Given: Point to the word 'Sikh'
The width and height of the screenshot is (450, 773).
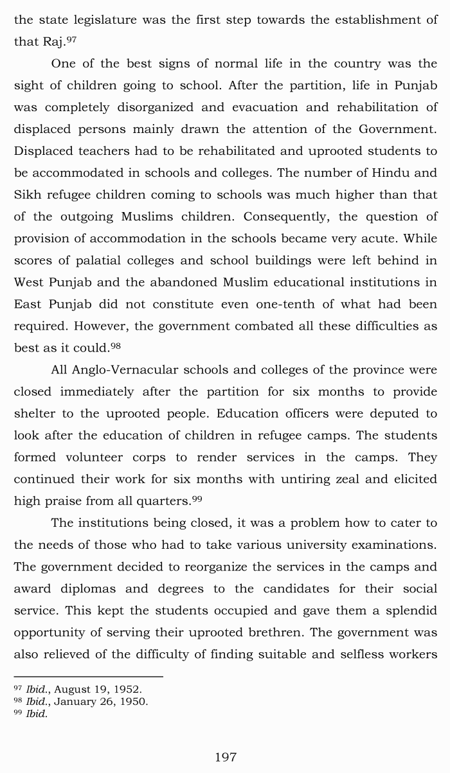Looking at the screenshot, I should (x=27, y=195).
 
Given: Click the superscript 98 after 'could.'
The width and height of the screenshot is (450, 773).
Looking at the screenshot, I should (x=116, y=346).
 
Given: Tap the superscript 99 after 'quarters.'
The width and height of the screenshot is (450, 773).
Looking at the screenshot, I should (x=197, y=499).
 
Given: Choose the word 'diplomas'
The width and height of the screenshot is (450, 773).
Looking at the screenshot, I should (x=95, y=589).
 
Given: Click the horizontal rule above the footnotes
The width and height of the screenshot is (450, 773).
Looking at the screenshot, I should (x=88, y=677).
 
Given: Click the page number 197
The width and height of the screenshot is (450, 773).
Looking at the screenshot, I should (x=225, y=758).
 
